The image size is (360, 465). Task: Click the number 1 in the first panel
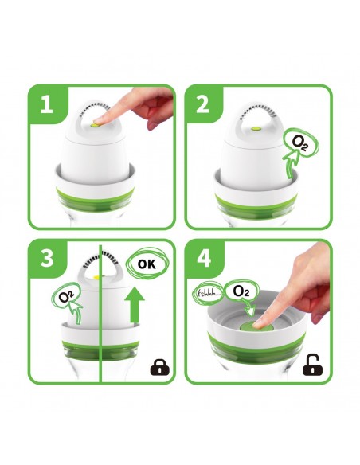click(47, 104)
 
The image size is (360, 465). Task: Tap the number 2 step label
click(203, 104)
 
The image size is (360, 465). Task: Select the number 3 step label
click(47, 258)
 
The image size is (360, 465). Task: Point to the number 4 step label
click(204, 258)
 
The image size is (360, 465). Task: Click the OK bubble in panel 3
click(147, 264)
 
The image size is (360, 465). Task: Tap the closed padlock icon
click(160, 367)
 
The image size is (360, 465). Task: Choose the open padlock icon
click(312, 365)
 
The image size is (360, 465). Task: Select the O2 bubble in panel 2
click(299, 143)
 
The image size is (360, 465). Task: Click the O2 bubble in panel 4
click(241, 291)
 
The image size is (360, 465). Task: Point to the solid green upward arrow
click(135, 305)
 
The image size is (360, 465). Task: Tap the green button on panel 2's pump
click(256, 129)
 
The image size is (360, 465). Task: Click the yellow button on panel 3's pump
click(96, 277)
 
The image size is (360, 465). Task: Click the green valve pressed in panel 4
click(254, 326)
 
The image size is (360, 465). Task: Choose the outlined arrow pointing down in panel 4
click(249, 307)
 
